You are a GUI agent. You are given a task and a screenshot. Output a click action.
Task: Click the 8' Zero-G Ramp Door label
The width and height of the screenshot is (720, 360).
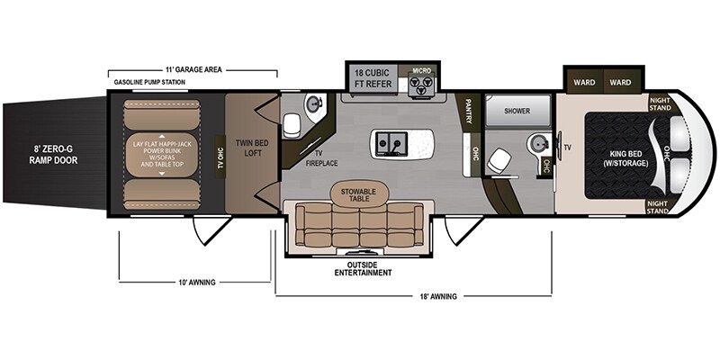click(54, 154)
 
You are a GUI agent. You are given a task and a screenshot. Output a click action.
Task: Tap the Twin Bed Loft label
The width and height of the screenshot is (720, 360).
click(252, 148)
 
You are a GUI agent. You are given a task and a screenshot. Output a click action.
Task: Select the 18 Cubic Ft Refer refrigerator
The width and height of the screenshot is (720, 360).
click(373, 78)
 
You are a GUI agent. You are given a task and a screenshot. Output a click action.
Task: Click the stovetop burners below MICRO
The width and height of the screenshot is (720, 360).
click(420, 85)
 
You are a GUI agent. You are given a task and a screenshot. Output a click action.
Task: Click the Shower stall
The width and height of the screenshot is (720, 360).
click(517, 111)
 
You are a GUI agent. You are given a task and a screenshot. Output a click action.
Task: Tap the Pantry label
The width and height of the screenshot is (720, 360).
click(469, 111)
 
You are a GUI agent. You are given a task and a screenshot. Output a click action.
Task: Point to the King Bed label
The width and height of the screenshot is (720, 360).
click(626, 158)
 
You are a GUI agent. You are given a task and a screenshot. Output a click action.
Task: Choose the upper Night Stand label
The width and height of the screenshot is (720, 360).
click(661, 103)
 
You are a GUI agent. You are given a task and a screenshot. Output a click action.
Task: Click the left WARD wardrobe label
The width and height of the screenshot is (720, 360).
click(584, 83)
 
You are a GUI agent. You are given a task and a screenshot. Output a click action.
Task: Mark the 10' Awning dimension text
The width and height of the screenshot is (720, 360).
click(195, 283)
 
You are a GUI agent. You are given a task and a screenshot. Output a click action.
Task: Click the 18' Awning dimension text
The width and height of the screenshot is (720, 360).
click(436, 296)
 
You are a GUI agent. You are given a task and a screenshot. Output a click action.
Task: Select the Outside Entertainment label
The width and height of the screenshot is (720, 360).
click(363, 269)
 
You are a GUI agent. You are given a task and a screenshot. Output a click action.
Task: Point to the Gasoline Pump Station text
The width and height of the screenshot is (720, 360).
click(149, 82)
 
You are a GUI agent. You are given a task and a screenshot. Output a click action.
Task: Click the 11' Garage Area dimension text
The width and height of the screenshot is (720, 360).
click(193, 70)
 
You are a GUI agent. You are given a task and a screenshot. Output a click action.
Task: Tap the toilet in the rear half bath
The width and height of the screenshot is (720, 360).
click(291, 125)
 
